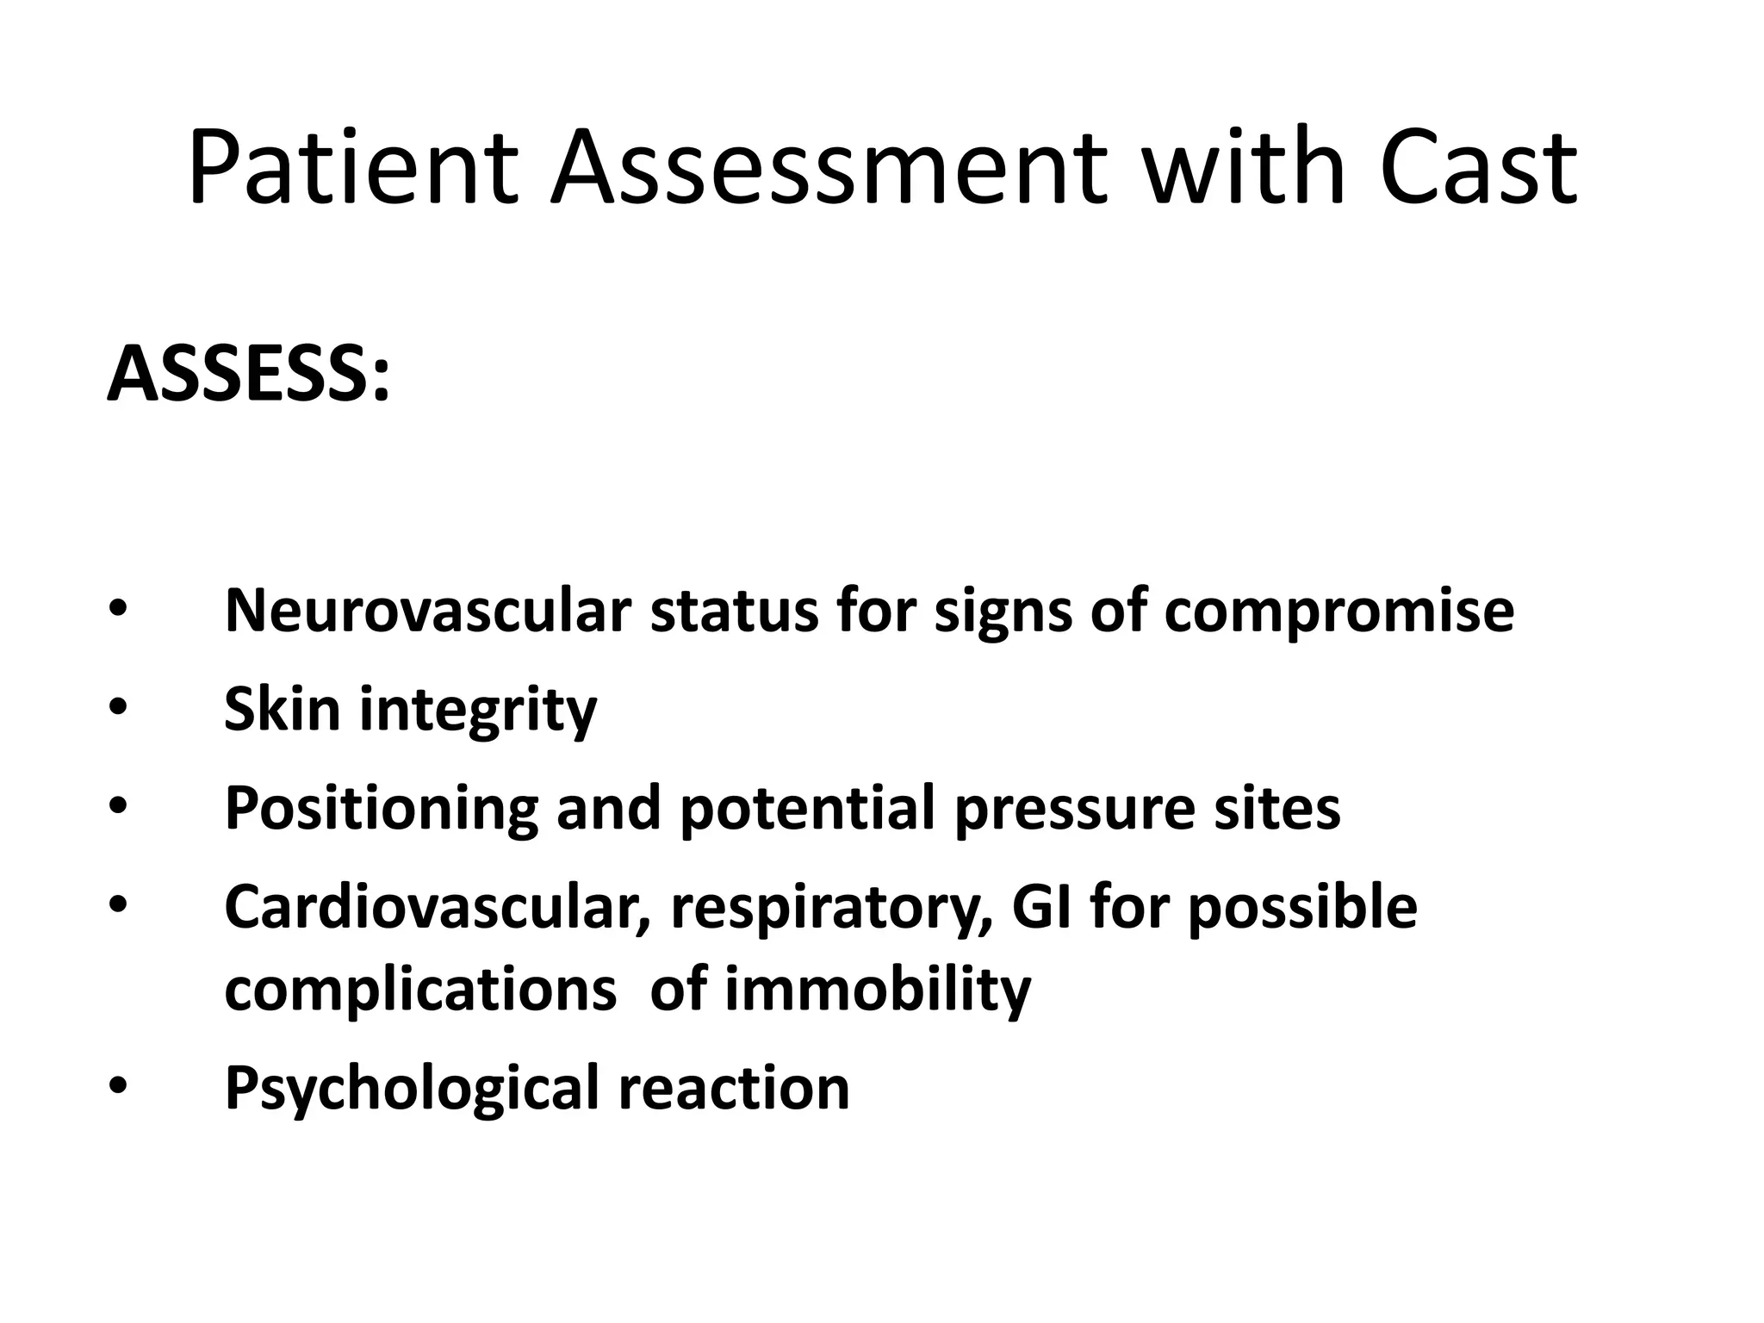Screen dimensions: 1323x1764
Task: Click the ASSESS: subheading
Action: pos(249,374)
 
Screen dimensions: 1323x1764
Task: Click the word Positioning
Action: pos(381,810)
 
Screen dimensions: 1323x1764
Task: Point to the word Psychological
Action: pos(412,1090)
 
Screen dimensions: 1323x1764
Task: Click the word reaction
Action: pos(734,1088)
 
